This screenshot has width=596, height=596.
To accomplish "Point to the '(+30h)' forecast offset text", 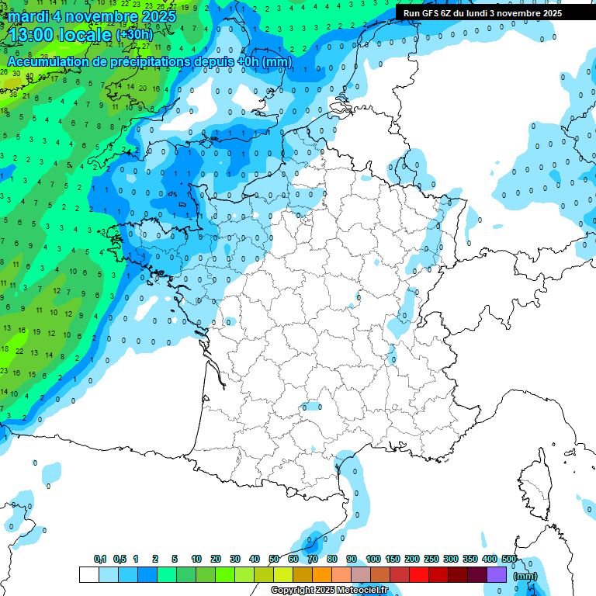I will (135, 35).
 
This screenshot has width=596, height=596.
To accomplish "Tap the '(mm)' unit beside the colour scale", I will (526, 575).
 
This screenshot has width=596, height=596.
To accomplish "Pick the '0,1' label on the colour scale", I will (100, 560).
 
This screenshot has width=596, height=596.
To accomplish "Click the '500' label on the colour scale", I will (509, 560).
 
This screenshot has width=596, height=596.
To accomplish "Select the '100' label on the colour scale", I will (373, 560).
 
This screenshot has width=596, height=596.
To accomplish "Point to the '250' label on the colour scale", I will (431, 560).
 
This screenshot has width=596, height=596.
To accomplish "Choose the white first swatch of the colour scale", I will (88, 575).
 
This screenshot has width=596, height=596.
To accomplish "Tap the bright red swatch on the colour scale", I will (419, 575).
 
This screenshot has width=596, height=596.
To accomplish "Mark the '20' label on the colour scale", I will (216, 560).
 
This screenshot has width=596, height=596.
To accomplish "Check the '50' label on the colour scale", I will (274, 560).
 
